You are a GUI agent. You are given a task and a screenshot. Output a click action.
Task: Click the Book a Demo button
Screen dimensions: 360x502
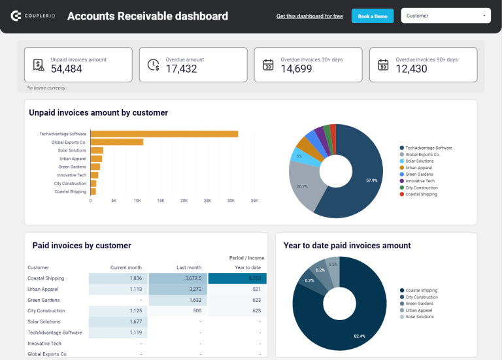coord(373,16)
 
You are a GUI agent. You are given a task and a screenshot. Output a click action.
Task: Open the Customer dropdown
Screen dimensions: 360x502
coord(446,16)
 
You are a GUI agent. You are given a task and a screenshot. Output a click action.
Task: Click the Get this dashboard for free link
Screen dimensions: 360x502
coord(309,16)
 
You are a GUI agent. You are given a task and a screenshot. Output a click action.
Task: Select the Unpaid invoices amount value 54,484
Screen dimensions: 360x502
coord(66,69)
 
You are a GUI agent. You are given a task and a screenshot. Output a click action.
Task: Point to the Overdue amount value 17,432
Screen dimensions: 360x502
coord(181,69)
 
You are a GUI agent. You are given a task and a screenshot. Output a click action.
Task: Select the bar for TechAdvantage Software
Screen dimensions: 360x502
coord(163,134)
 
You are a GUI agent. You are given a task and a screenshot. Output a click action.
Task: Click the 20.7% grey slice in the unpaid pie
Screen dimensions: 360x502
coord(303,186)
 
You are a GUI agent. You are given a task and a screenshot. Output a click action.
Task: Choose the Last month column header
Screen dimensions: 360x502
coord(189,267)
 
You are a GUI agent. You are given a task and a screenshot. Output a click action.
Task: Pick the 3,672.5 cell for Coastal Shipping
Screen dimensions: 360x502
coord(177,278)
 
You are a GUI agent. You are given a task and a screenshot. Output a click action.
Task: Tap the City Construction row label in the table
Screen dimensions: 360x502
coord(46,311)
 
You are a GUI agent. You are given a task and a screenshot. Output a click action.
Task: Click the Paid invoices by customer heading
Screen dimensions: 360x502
coord(82,246)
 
